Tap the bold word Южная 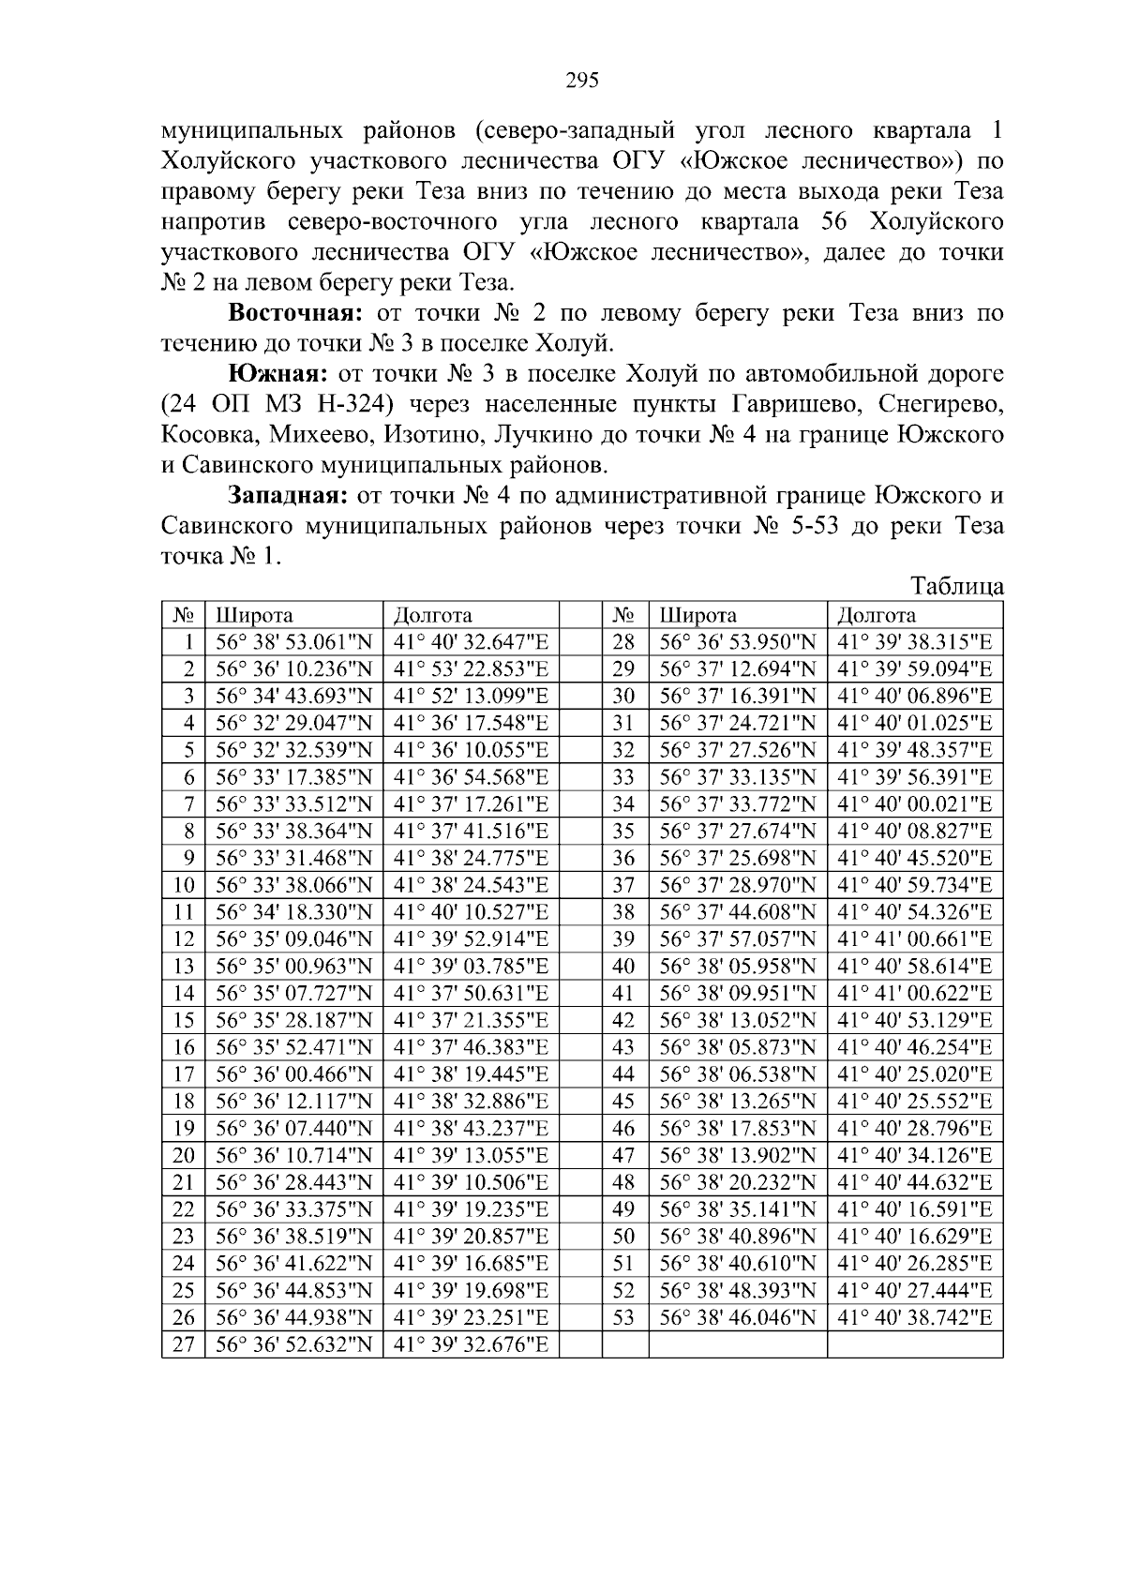click(x=277, y=374)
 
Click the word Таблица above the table click(x=957, y=587)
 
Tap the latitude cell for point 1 click(x=293, y=642)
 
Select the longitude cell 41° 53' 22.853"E click(x=471, y=669)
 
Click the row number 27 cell click(x=184, y=1344)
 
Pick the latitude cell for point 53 click(x=738, y=1317)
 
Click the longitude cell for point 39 click(x=914, y=939)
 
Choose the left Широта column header click(x=255, y=616)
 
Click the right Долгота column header click(x=876, y=616)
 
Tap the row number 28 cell click(x=623, y=642)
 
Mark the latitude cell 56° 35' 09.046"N click(x=293, y=939)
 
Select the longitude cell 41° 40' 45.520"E click(x=914, y=858)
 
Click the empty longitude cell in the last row click(x=914, y=1344)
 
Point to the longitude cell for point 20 click(x=471, y=1155)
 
